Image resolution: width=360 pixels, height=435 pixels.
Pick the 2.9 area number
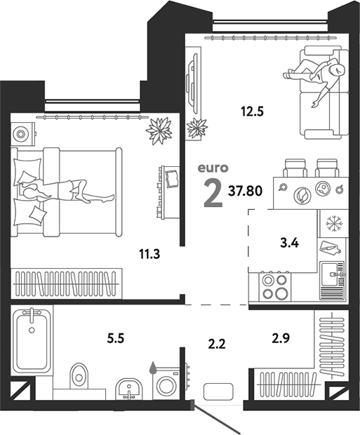point(281,337)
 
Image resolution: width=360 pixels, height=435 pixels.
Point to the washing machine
point(166,386)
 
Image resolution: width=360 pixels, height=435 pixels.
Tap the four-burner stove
point(274,288)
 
